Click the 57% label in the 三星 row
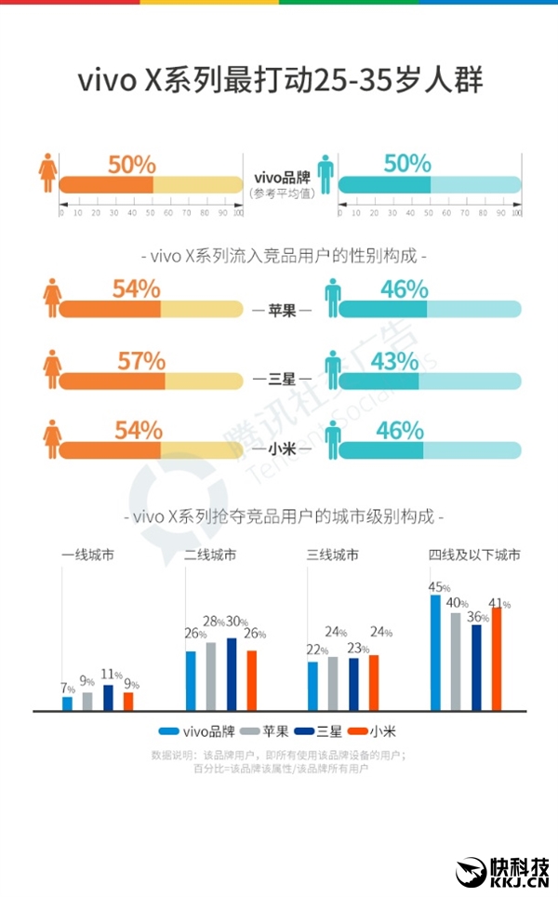141,360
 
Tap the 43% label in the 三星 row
400,360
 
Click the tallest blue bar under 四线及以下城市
435,652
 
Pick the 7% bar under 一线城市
67,703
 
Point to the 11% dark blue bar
108,698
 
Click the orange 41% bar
497,659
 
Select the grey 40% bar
456,661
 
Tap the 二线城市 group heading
210,556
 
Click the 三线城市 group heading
333,556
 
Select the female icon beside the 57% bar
50,368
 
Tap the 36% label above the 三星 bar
477,616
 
